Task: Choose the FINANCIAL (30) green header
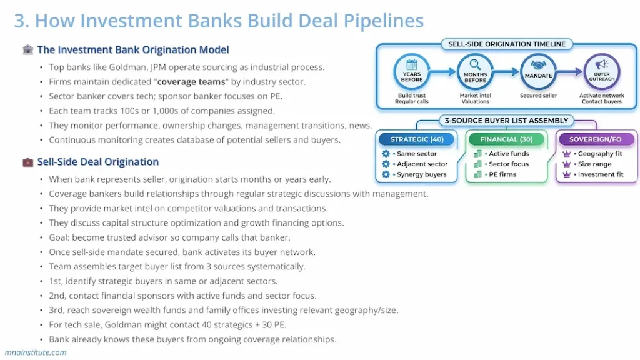(x=506, y=139)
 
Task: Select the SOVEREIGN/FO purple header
(x=597, y=139)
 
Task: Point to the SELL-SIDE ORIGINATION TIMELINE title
(x=507, y=44)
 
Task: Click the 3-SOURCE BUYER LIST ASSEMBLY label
(x=506, y=121)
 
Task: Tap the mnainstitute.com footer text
(x=35, y=352)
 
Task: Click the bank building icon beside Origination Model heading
(x=28, y=50)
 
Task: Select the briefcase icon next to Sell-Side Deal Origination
(x=28, y=162)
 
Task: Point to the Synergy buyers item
(x=422, y=174)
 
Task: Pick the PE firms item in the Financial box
(x=502, y=174)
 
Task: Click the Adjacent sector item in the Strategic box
(x=422, y=164)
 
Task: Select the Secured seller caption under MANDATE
(x=539, y=96)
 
